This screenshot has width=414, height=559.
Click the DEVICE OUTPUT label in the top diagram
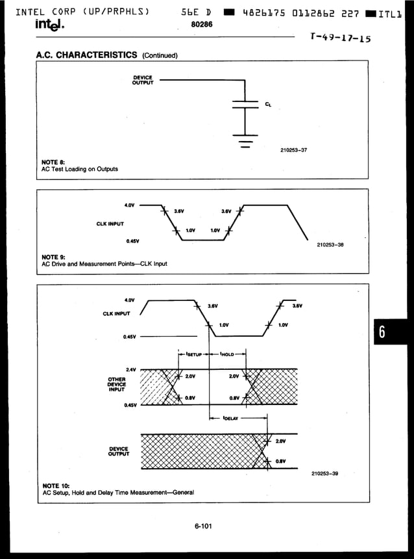(142, 80)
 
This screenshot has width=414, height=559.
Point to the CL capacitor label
(269, 104)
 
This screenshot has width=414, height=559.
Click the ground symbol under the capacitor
(245, 140)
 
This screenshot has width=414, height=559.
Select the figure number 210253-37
(293, 150)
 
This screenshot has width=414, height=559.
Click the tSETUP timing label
(194, 354)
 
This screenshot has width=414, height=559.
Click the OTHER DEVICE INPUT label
(117, 384)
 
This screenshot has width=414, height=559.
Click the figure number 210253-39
(324, 473)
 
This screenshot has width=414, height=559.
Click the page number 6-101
(203, 526)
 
